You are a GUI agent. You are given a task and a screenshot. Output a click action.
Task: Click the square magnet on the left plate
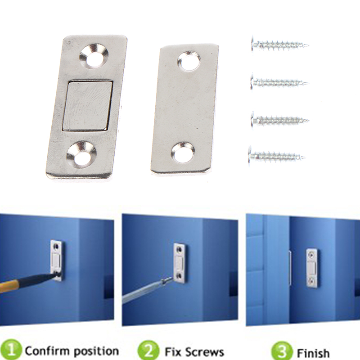click(x=87, y=106)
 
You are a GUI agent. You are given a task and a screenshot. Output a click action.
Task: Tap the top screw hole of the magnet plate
click(x=94, y=56)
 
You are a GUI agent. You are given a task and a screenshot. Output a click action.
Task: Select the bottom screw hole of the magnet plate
click(x=81, y=153)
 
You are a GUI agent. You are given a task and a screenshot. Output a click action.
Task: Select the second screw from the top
click(x=279, y=82)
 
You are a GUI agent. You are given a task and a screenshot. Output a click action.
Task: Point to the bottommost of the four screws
click(x=277, y=157)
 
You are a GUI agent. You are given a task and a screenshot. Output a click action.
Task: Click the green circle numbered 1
click(x=10, y=351)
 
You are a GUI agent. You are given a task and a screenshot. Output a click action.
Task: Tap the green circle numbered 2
click(x=148, y=351)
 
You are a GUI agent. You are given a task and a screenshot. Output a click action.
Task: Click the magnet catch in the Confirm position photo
click(x=57, y=260)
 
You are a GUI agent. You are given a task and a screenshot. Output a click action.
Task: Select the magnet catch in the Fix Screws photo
click(x=180, y=262)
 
